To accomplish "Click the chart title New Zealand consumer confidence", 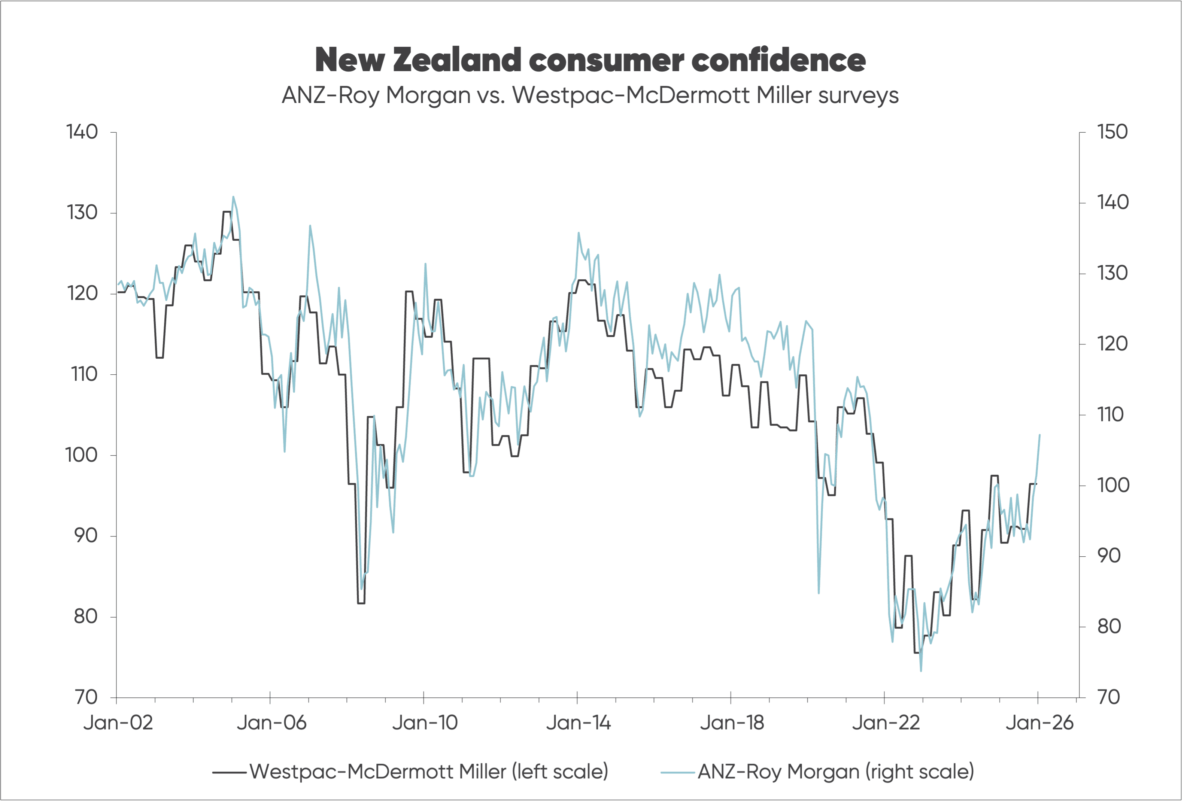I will [590, 60].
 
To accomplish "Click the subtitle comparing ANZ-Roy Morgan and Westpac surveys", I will [590, 95].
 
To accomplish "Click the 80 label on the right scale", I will [1109, 626].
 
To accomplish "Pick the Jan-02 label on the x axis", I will [118, 723].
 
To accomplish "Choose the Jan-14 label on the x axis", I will [578, 723].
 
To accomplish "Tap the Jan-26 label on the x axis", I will [1039, 723].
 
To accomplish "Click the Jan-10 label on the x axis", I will [425, 723].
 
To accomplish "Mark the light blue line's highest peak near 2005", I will [233, 197].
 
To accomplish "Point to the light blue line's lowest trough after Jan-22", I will [921, 670].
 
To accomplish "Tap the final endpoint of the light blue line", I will [1039, 435].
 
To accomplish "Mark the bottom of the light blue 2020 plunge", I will [819, 593].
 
